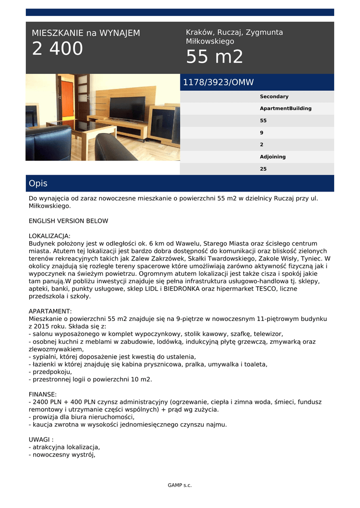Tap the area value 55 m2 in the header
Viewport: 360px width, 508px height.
click(x=215, y=58)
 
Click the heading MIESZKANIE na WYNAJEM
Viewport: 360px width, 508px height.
click(x=86, y=33)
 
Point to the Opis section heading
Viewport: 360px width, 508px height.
click(x=38, y=184)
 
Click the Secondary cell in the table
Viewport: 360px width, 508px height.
click(x=274, y=96)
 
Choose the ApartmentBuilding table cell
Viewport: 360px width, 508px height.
click(x=286, y=108)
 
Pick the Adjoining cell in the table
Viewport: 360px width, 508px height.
click(x=273, y=157)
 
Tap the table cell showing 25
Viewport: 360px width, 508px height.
click(x=263, y=169)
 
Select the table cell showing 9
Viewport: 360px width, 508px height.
click(x=262, y=132)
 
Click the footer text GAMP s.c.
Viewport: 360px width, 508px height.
click(x=180, y=485)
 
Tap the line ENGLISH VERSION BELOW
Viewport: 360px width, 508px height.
click(x=69, y=221)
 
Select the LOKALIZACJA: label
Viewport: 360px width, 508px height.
click(x=50, y=236)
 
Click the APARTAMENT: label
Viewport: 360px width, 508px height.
click(x=51, y=311)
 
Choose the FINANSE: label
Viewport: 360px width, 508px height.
click(x=43, y=394)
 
